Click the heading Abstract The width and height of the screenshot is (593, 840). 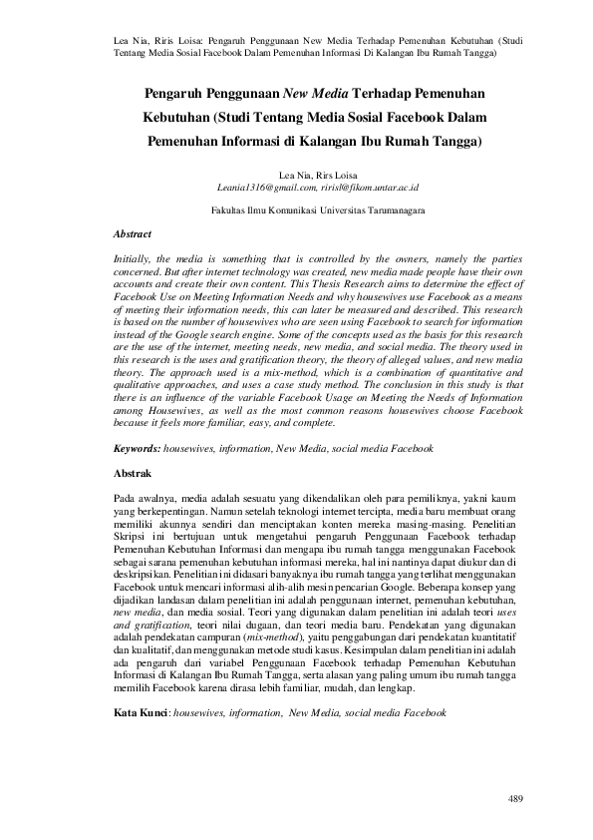click(x=134, y=234)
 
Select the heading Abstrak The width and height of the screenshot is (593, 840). click(x=133, y=469)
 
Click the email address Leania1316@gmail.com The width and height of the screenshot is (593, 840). click(x=263, y=187)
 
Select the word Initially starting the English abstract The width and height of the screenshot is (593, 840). click(x=136, y=258)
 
